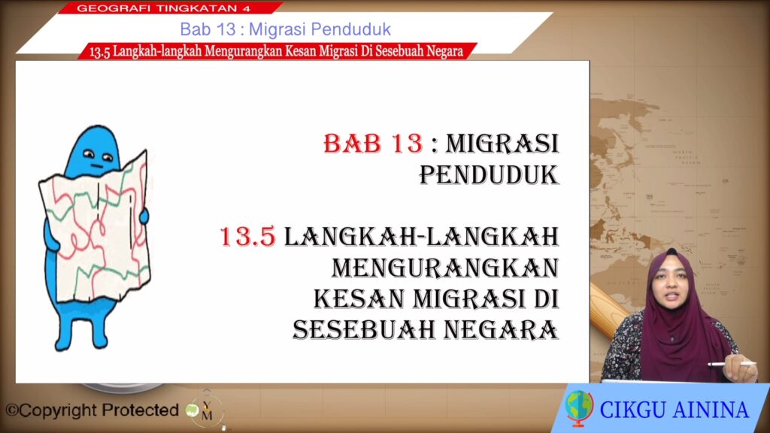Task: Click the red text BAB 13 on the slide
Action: pos(373,144)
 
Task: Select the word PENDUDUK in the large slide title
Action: pos(489,174)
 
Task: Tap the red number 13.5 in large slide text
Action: pos(247,237)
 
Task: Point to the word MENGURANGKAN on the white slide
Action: pos(445,268)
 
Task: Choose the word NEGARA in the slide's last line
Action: pos(502,329)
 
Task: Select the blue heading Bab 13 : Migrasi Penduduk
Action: pos(285,29)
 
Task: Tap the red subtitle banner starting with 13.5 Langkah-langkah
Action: pos(276,51)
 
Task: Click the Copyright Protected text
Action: pos(92,410)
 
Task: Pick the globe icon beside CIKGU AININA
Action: pos(579,407)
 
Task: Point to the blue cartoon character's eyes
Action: pos(99,156)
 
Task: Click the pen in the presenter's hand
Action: pos(732,364)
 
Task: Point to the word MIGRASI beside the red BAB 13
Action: pos(502,144)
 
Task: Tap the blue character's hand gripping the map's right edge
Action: pos(144,216)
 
